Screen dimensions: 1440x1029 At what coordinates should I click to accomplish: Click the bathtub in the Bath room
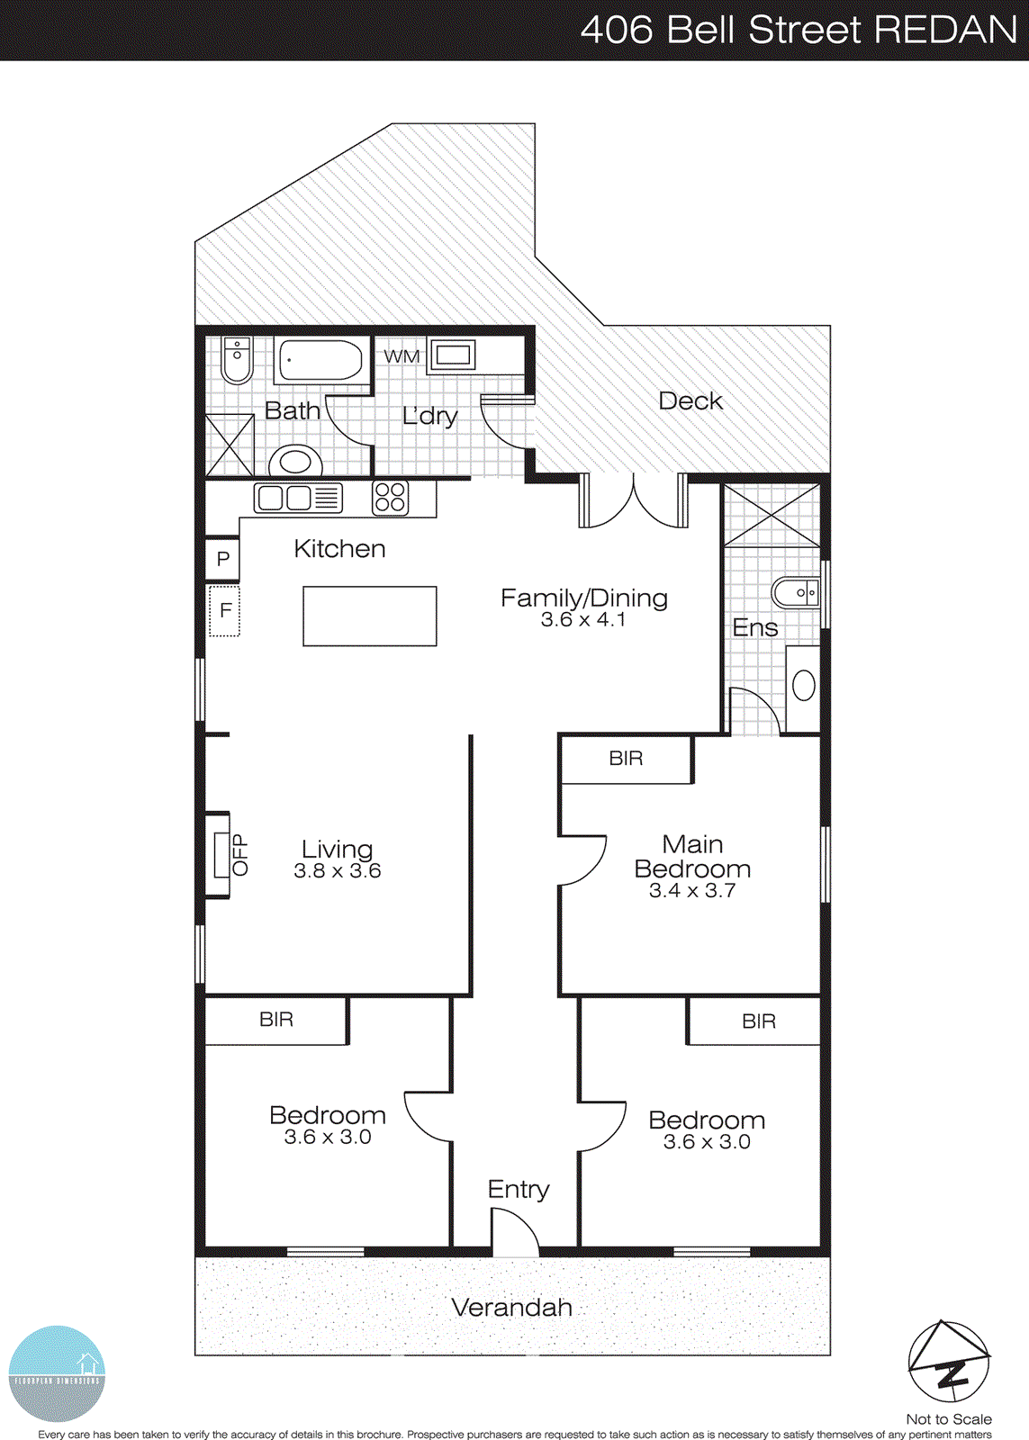(x=320, y=360)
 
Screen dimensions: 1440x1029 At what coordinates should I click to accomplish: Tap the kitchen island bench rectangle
(x=369, y=616)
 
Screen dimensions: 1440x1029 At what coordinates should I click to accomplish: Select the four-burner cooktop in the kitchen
(x=390, y=498)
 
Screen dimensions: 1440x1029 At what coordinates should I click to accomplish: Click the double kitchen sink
(x=297, y=498)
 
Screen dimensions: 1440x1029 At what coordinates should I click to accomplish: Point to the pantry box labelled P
(x=222, y=559)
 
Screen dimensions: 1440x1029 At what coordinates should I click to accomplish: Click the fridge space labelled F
(x=224, y=611)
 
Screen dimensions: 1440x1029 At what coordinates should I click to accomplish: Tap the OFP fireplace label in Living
(x=239, y=855)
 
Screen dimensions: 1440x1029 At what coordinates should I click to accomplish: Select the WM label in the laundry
(x=402, y=356)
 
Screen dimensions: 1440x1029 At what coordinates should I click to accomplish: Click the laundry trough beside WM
(x=452, y=355)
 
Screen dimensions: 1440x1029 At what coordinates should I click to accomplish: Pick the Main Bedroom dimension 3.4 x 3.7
(x=692, y=891)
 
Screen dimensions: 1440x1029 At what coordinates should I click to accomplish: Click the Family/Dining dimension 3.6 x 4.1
(x=583, y=620)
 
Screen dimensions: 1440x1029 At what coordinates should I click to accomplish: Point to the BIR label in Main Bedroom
(x=626, y=759)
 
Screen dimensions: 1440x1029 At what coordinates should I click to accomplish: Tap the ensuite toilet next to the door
(x=803, y=687)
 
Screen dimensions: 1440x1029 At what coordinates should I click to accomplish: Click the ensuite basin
(x=796, y=593)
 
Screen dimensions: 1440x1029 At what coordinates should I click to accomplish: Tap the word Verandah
(x=511, y=1308)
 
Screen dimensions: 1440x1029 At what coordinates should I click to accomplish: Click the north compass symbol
(x=948, y=1362)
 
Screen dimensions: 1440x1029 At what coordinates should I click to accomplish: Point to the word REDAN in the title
(x=945, y=31)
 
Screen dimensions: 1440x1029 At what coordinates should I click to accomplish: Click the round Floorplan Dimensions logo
(x=57, y=1373)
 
